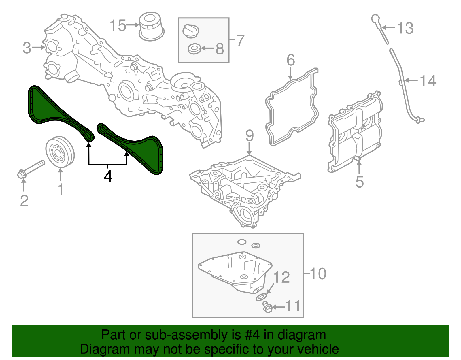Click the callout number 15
[118, 25]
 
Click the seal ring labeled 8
[194, 49]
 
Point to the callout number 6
[291, 60]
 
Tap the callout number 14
[428, 81]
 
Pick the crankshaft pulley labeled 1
[60, 152]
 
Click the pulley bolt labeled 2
[30, 169]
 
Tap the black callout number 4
[108, 176]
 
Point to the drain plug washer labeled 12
[261, 297]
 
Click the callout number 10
[318, 274]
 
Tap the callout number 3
[27, 48]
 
